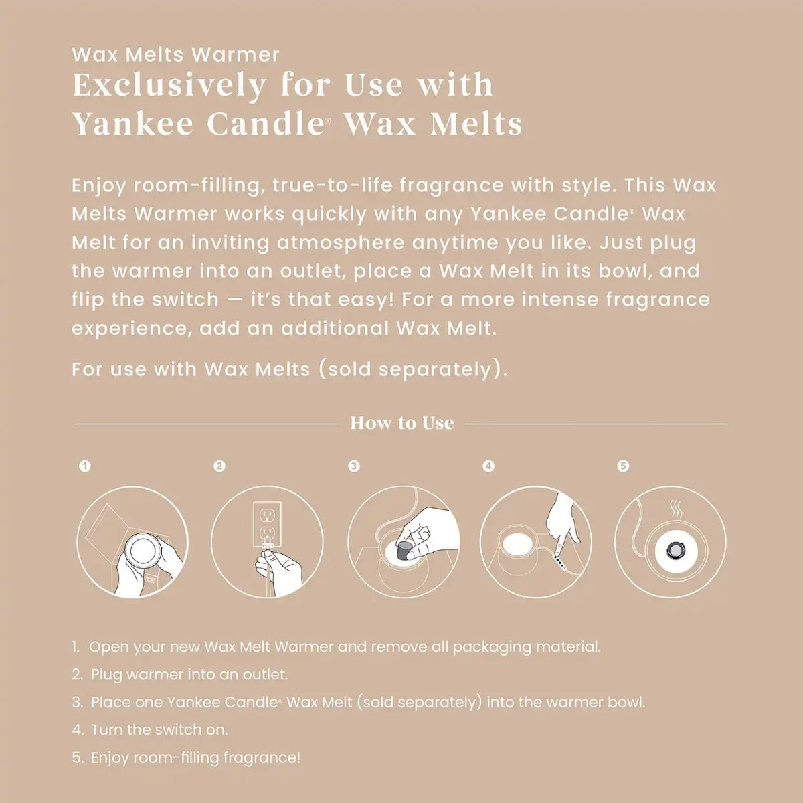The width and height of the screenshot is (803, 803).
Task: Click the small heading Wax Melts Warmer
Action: (x=175, y=55)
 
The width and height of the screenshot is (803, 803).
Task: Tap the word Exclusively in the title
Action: (x=169, y=86)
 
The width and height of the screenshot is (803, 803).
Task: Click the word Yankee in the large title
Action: (x=133, y=124)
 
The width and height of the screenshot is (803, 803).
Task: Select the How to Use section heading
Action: (x=402, y=423)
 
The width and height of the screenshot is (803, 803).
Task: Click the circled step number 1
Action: (x=85, y=466)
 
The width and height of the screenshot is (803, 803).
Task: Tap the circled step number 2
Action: (x=219, y=466)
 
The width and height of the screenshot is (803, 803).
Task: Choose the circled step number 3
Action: (x=354, y=466)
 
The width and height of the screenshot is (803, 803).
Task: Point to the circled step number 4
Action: (x=488, y=466)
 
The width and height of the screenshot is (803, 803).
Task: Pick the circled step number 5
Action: (x=623, y=466)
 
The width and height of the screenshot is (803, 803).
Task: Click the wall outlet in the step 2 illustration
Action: (x=267, y=526)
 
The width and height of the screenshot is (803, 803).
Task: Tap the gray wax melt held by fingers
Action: (x=404, y=551)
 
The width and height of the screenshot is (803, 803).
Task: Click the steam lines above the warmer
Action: (x=675, y=510)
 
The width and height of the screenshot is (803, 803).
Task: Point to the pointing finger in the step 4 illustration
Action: (x=563, y=527)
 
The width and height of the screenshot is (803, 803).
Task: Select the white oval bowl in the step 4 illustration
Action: (x=517, y=544)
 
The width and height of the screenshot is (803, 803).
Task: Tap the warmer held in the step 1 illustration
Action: (x=143, y=549)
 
